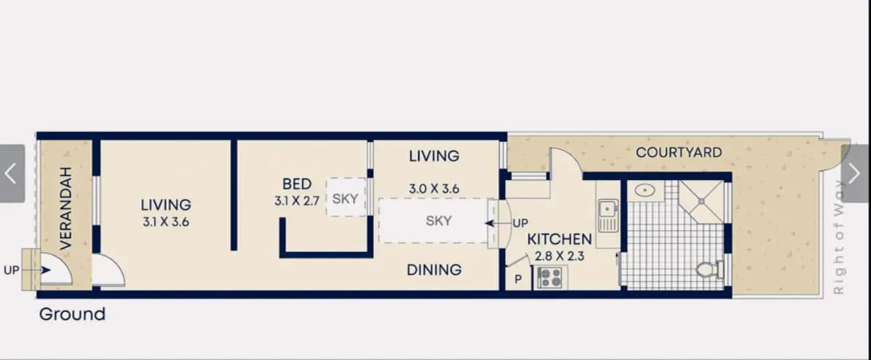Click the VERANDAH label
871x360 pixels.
pos(66,208)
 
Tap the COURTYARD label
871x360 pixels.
pos(679,152)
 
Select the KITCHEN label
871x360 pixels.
pos(560,239)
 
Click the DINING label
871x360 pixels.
pos(434,270)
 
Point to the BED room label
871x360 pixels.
pos(297,184)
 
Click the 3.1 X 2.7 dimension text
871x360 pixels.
pos(297,201)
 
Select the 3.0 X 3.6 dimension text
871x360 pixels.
pos(434,189)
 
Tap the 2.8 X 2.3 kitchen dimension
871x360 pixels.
pos(559,256)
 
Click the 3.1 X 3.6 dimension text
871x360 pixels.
pos(165,222)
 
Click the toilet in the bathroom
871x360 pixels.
pos(710,269)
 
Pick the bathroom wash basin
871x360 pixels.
pos(645,190)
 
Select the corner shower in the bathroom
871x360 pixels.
pos(701,201)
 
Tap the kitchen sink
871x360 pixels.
pos(608,216)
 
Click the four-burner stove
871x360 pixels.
pos(549,277)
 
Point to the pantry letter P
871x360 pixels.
pos(518,279)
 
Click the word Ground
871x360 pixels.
pos(73,314)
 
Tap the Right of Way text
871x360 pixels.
pos(838,237)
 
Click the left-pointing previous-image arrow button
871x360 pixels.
pos(12,173)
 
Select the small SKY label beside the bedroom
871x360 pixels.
pos(345,199)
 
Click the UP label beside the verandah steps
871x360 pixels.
pos(12,270)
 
